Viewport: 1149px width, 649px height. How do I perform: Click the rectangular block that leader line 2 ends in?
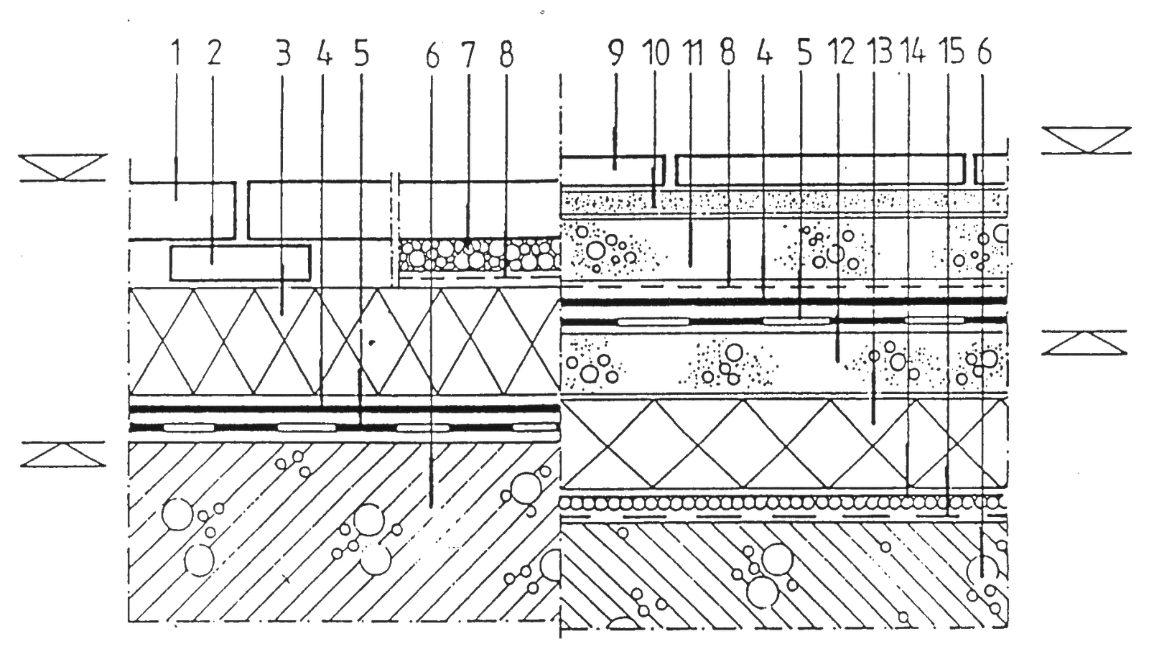[240, 263]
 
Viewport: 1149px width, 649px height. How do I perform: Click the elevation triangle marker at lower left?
[63, 454]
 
